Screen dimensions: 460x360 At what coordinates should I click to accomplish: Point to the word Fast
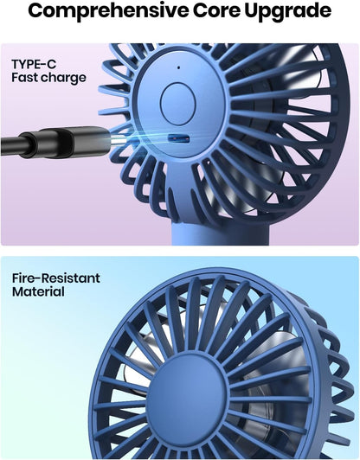(x=28, y=79)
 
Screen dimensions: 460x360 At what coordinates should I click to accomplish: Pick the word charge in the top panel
(x=67, y=79)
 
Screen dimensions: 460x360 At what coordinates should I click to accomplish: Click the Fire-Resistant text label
(x=56, y=278)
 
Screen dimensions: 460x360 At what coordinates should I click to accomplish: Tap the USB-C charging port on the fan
(x=177, y=138)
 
